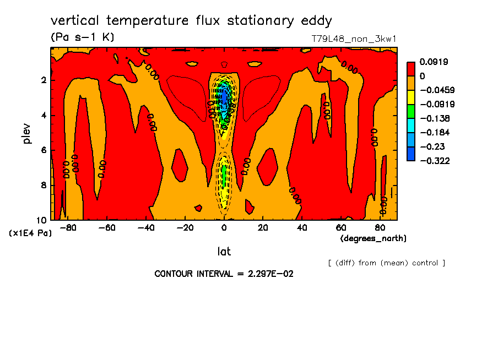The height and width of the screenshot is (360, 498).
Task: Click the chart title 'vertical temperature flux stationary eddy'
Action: point(191,21)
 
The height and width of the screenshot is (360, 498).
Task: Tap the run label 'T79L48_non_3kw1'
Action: point(354,39)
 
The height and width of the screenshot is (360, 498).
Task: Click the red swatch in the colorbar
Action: point(411,69)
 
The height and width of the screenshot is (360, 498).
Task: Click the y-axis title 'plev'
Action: point(26,133)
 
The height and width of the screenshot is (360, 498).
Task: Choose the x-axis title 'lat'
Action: point(224,252)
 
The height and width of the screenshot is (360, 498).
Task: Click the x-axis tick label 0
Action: point(224,228)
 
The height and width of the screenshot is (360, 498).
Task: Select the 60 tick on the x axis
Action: point(341,228)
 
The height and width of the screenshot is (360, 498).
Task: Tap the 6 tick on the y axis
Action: point(44,150)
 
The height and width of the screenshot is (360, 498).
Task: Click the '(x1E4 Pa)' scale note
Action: point(30,233)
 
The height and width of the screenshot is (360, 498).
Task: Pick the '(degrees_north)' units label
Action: point(373,238)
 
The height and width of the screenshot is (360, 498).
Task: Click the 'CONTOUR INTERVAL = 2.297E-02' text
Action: point(224,274)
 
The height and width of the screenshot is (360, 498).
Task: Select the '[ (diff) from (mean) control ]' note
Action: point(386,263)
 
